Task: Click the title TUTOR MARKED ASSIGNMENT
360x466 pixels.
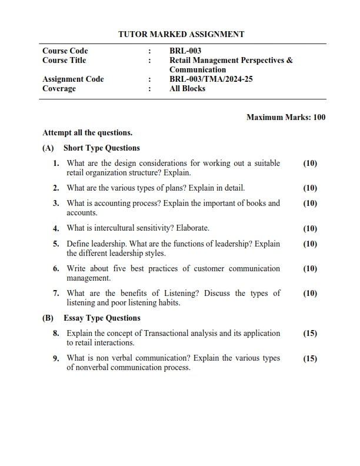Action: click(181, 35)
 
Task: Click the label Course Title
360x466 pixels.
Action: click(64, 61)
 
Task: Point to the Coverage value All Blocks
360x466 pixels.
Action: click(187, 89)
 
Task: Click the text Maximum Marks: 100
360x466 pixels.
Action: click(286, 118)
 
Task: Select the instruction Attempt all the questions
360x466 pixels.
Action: click(88, 133)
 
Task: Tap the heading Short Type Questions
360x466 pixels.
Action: click(102, 148)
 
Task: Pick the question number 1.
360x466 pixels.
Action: click(56, 164)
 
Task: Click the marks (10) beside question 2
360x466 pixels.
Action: click(309, 188)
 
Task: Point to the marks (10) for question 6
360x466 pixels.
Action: click(309, 269)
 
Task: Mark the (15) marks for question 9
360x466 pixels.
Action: click(309, 358)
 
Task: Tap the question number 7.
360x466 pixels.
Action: click(56, 294)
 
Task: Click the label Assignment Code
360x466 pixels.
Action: click(73, 79)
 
